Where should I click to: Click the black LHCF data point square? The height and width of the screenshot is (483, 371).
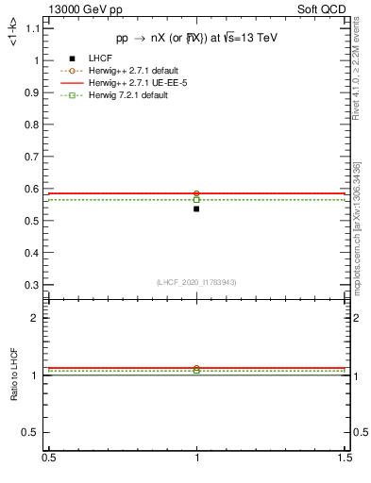(196, 208)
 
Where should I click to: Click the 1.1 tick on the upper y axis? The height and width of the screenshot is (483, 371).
(37, 28)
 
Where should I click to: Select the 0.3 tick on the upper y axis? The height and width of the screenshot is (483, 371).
(37, 285)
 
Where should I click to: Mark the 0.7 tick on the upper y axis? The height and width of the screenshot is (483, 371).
(37, 157)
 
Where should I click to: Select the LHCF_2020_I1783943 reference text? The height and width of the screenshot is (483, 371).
(196, 282)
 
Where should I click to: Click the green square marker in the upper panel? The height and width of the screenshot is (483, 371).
(196, 200)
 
